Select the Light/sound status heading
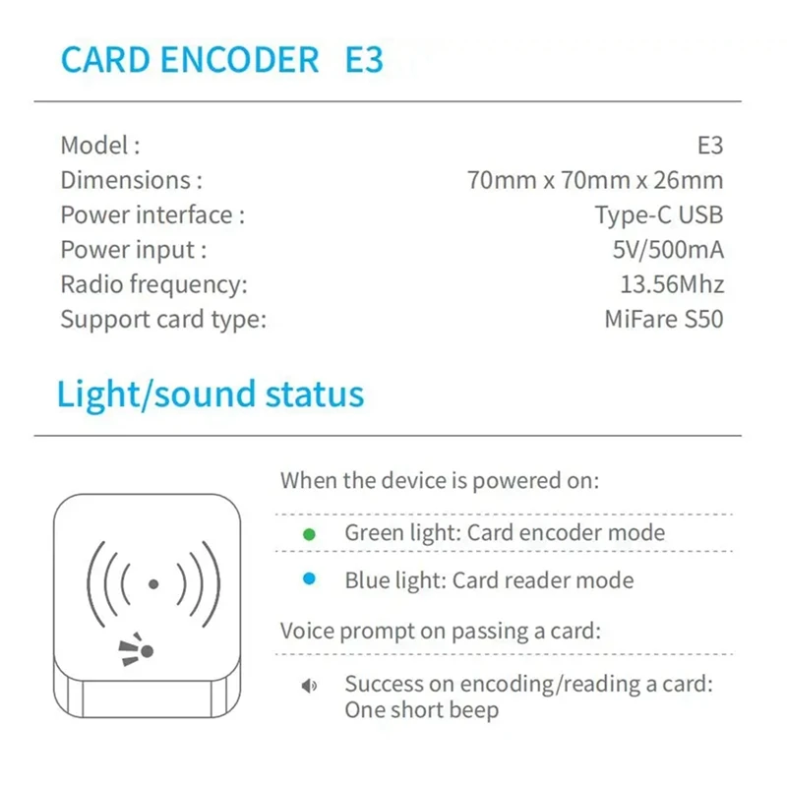pyautogui.click(x=211, y=394)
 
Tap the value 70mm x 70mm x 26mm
pyautogui.click(x=595, y=180)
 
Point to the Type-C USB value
pyautogui.click(x=658, y=214)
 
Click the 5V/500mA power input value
pyautogui.click(x=668, y=250)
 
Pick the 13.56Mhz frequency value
pyautogui.click(x=672, y=285)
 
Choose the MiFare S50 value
pyautogui.click(x=664, y=320)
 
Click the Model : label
pyautogui.click(x=100, y=146)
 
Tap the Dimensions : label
pyautogui.click(x=131, y=180)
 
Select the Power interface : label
pyautogui.click(x=152, y=214)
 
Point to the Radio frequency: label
pyautogui.click(x=153, y=285)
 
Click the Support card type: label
pyautogui.click(x=163, y=320)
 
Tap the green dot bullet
pyautogui.click(x=309, y=534)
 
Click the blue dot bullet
pyautogui.click(x=309, y=580)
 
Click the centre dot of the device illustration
pyautogui.click(x=152, y=583)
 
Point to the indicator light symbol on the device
pyautogui.click(x=139, y=648)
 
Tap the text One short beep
pyautogui.click(x=421, y=709)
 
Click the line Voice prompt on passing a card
pyautogui.click(x=440, y=631)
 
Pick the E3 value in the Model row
pyautogui.click(x=709, y=146)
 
